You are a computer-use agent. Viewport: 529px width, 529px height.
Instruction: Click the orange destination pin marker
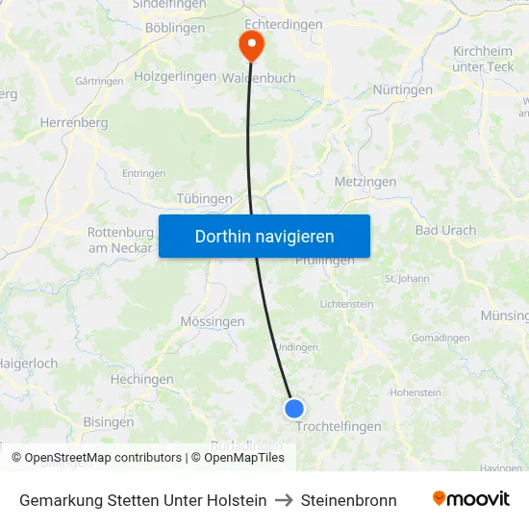pyautogui.click(x=250, y=43)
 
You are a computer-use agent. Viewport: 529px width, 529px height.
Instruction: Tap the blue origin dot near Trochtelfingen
pyautogui.click(x=294, y=409)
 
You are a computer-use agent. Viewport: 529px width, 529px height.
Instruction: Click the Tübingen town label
pyautogui.click(x=204, y=199)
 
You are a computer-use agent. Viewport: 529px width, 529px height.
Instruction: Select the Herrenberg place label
pyautogui.click(x=73, y=123)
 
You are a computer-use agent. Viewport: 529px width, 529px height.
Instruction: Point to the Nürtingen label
pyautogui.click(x=402, y=90)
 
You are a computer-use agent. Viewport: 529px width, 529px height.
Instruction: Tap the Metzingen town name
pyautogui.click(x=365, y=182)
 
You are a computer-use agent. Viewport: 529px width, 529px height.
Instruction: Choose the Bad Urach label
pyautogui.click(x=445, y=231)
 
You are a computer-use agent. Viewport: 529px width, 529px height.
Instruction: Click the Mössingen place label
pyautogui.click(x=213, y=321)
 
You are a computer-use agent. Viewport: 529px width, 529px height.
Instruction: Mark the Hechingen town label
pyautogui.click(x=141, y=380)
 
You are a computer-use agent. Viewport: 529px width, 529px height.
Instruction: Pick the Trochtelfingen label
pyautogui.click(x=339, y=426)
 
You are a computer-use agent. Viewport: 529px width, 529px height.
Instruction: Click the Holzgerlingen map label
pyautogui.click(x=175, y=76)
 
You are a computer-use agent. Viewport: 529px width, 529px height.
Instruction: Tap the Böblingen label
pyautogui.click(x=174, y=28)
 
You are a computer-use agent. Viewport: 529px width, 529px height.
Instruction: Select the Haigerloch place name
pyautogui.click(x=29, y=364)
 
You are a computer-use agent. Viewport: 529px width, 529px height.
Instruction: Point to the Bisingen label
pyautogui.click(x=109, y=421)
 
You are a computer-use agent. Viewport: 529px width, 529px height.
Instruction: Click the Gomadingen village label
pyautogui.click(x=440, y=338)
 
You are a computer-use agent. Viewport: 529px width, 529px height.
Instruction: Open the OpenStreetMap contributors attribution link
pyautogui.click(x=103, y=458)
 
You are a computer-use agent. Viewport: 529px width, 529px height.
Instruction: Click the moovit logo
pyautogui.click(x=471, y=499)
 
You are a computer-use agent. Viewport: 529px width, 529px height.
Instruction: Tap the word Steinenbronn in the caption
pyautogui.click(x=348, y=500)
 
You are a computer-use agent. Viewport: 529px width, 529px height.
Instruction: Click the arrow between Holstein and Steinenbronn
pyautogui.click(x=284, y=500)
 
